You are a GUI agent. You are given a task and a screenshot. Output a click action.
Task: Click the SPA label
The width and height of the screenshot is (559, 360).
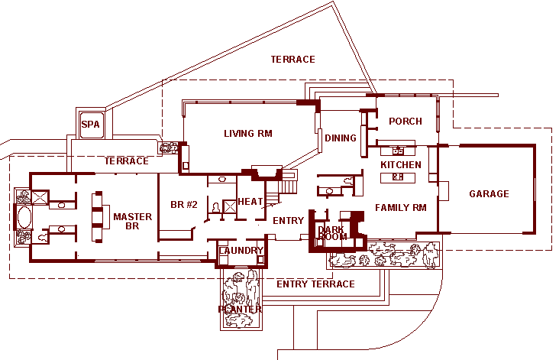tap(91, 125)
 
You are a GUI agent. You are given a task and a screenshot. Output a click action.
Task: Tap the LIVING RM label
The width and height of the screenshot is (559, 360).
tap(248, 134)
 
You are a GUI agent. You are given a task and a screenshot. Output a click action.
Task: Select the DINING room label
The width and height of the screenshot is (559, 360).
tap(341, 138)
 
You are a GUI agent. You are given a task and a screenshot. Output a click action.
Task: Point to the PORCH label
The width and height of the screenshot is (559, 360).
tap(406, 122)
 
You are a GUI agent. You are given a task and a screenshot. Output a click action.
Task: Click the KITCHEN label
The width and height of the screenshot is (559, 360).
tap(401, 165)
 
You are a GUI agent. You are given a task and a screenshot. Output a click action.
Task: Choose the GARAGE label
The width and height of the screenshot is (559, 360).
tap(489, 193)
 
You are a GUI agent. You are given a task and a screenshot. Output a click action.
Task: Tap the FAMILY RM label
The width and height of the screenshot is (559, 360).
tap(401, 208)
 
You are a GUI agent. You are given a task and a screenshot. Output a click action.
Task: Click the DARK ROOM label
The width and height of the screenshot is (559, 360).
tap(332, 233)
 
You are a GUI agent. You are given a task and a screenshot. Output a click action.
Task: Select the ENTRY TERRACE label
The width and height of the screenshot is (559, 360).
tap(316, 284)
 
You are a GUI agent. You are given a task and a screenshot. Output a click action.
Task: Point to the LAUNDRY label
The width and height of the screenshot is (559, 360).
tap(241, 251)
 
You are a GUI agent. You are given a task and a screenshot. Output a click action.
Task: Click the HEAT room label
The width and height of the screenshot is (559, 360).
tap(250, 202)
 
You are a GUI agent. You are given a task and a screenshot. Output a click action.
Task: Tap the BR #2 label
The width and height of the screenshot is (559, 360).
tap(184, 205)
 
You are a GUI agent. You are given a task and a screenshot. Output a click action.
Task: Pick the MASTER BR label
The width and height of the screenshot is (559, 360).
tap(133, 221)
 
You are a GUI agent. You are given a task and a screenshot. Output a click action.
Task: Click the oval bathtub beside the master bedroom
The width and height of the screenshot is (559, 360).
tap(24, 217)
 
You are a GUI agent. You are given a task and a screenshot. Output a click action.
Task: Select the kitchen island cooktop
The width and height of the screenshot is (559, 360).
tap(398, 177)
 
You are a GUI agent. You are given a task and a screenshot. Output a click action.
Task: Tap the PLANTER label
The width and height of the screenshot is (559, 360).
tap(240, 309)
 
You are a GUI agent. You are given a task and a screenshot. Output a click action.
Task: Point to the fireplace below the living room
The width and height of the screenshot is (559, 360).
tap(267, 173)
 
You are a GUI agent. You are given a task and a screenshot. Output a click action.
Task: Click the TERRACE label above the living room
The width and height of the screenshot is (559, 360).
tap(292, 59)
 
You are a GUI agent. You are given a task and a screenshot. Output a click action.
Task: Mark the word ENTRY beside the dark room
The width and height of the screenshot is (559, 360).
tap(288, 220)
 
